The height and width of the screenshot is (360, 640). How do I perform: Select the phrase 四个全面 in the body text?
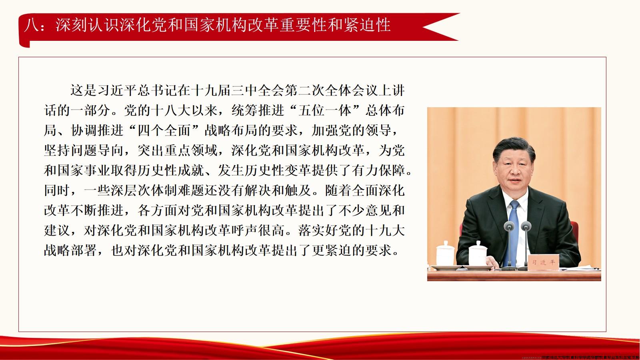165,130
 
